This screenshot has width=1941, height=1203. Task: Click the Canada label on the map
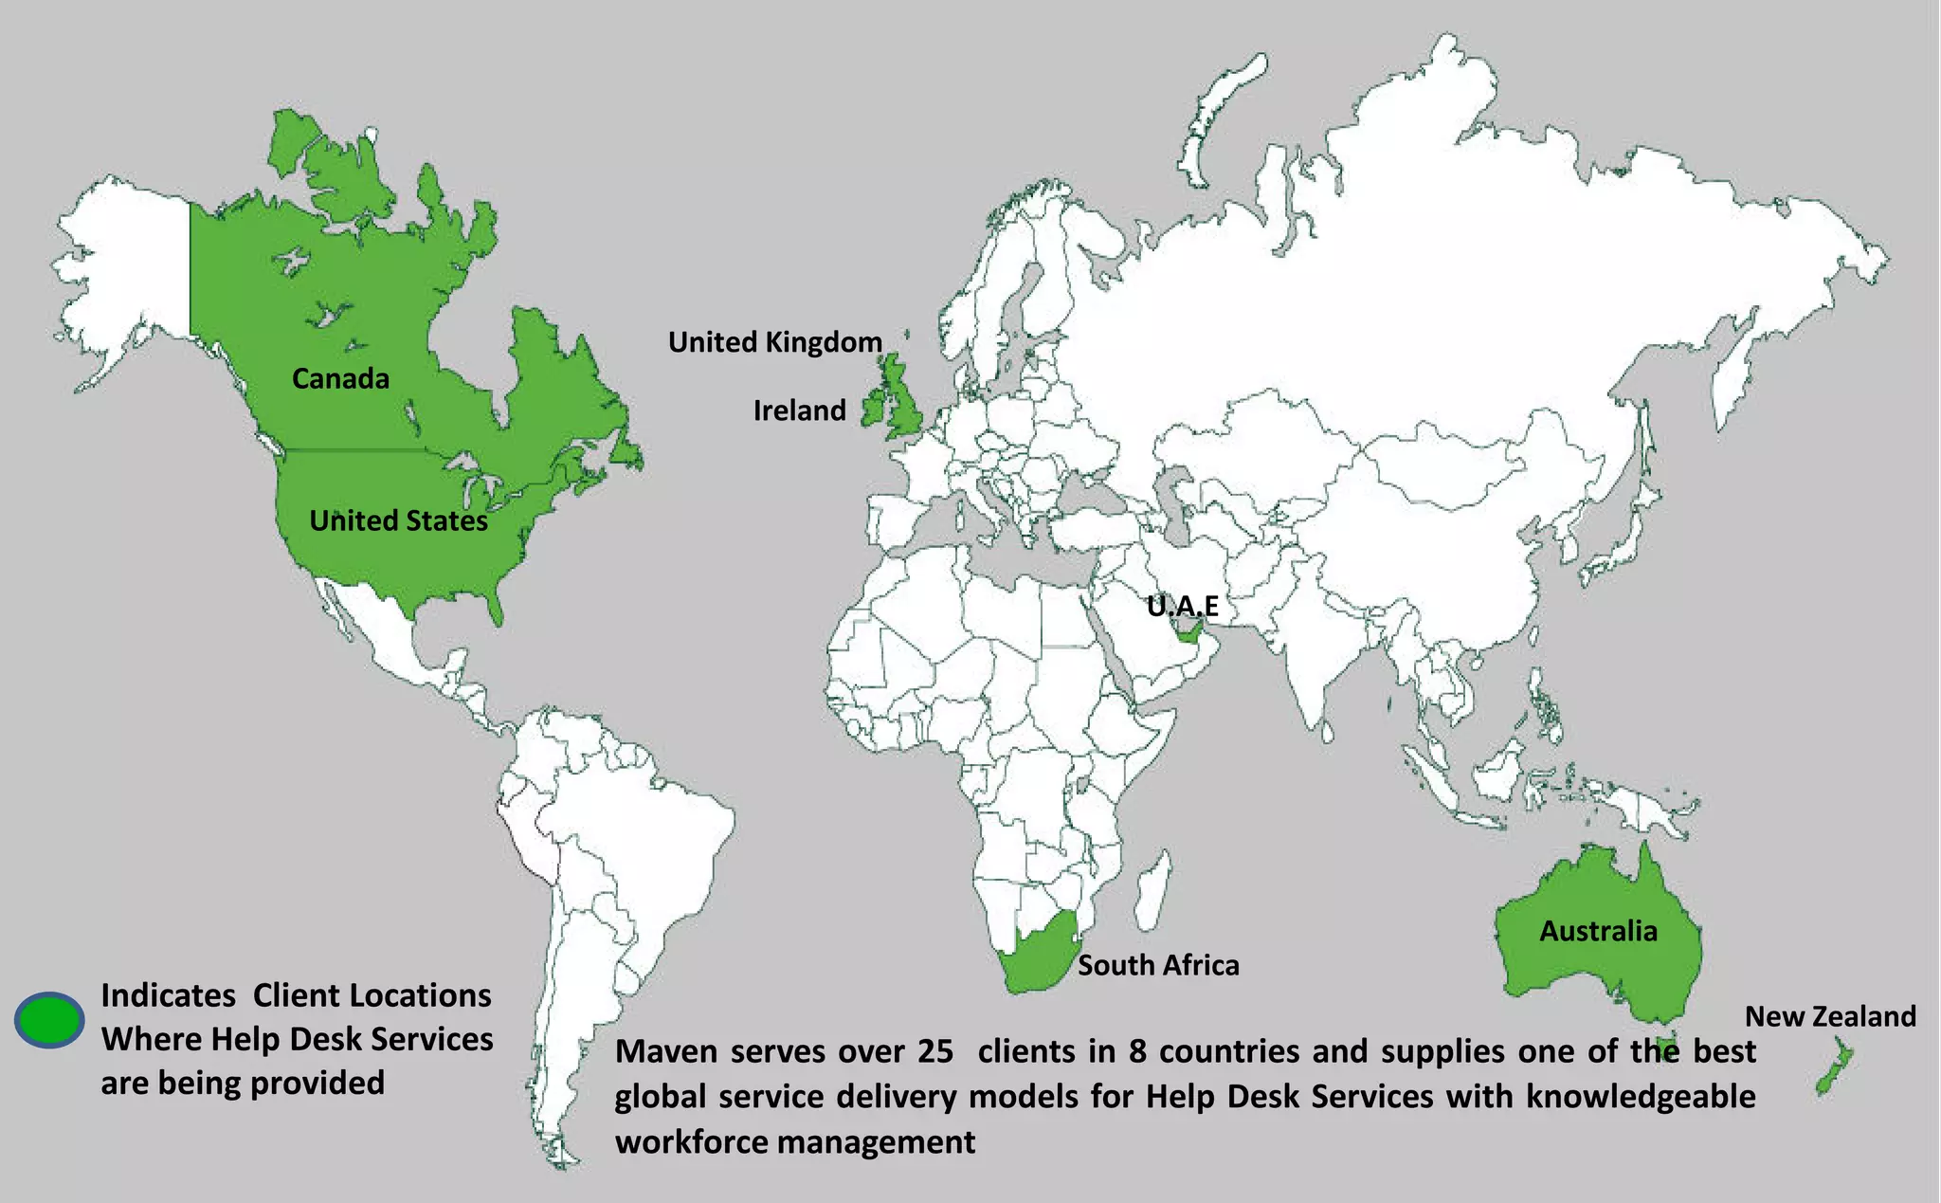[340, 379]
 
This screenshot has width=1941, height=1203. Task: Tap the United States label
[398, 520]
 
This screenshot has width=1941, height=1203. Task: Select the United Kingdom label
[774, 342]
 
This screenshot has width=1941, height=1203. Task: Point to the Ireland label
[799, 410]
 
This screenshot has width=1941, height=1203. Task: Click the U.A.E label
[1182, 606]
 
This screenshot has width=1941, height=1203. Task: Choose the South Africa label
[1158, 965]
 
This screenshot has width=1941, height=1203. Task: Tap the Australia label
[1598, 931]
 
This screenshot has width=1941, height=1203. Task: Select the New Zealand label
[1830, 1016]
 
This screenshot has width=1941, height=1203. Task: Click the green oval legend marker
[49, 1020]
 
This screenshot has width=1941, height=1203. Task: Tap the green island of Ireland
[873, 410]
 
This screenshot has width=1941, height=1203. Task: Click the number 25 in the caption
[934, 1051]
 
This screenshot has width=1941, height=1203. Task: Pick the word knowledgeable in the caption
[1641, 1097]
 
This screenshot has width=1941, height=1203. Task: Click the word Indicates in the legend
[168, 995]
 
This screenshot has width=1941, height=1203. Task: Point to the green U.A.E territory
[1190, 636]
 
